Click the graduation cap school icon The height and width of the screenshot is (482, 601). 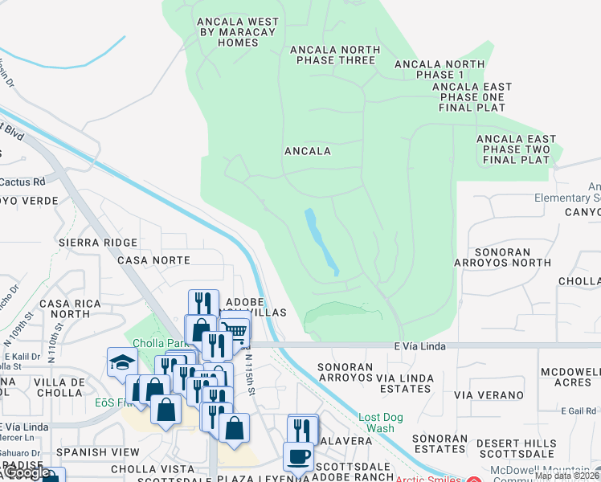click(122, 361)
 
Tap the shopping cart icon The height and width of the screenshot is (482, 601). click(234, 329)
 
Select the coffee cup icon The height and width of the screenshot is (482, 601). click(298, 455)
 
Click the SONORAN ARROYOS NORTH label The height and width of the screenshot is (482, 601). click(502, 257)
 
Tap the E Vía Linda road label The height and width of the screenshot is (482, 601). click(419, 345)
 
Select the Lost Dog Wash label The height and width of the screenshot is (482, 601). click(376, 423)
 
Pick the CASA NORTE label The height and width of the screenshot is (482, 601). click(153, 260)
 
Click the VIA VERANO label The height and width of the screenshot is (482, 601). click(489, 395)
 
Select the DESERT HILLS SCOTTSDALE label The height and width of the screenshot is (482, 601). click(515, 448)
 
